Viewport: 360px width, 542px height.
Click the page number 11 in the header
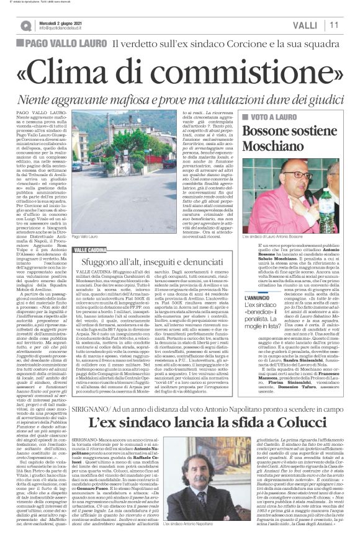[333, 25]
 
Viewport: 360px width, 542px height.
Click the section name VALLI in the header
[307, 25]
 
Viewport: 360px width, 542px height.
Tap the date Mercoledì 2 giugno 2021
[63, 21]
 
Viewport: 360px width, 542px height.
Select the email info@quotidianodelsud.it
[63, 28]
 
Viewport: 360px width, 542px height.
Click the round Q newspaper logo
[26, 25]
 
